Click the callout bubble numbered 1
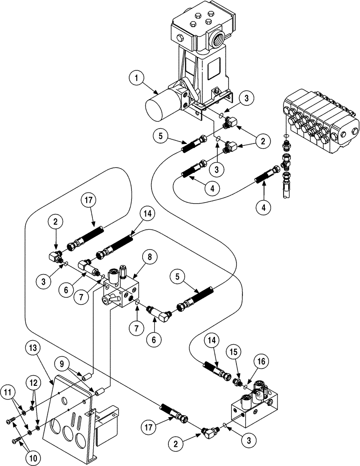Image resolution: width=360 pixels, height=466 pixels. tap(136, 79)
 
